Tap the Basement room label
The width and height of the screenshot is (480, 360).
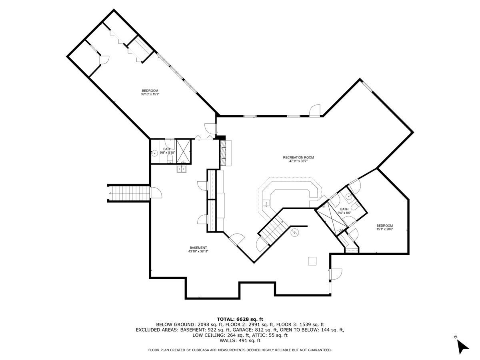click(x=198, y=248)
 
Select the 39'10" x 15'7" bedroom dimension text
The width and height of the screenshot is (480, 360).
click(x=150, y=94)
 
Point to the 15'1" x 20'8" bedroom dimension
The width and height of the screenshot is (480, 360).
click(x=384, y=229)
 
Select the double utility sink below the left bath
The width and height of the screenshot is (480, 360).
click(x=182, y=169)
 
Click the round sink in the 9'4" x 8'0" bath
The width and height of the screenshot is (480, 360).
click(x=349, y=196)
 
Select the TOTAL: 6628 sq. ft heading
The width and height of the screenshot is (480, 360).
click(x=240, y=319)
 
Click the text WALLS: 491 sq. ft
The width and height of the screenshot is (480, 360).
click(x=240, y=341)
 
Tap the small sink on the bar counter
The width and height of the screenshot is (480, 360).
click(x=265, y=203)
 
